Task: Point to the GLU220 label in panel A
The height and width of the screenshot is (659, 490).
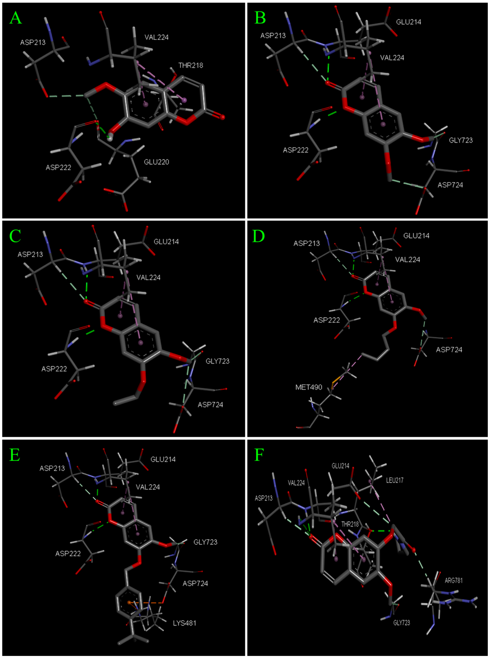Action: [156, 162]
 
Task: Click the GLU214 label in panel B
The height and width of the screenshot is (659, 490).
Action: [408, 22]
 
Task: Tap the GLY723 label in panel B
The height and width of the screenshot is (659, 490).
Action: [461, 140]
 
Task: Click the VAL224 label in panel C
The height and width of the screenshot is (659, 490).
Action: [148, 277]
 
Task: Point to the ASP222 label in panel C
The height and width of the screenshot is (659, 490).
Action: [54, 369]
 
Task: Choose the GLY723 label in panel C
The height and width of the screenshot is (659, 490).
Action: [217, 361]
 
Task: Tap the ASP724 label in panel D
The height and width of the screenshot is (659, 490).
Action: [449, 350]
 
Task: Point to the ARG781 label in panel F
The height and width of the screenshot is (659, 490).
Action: [453, 581]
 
